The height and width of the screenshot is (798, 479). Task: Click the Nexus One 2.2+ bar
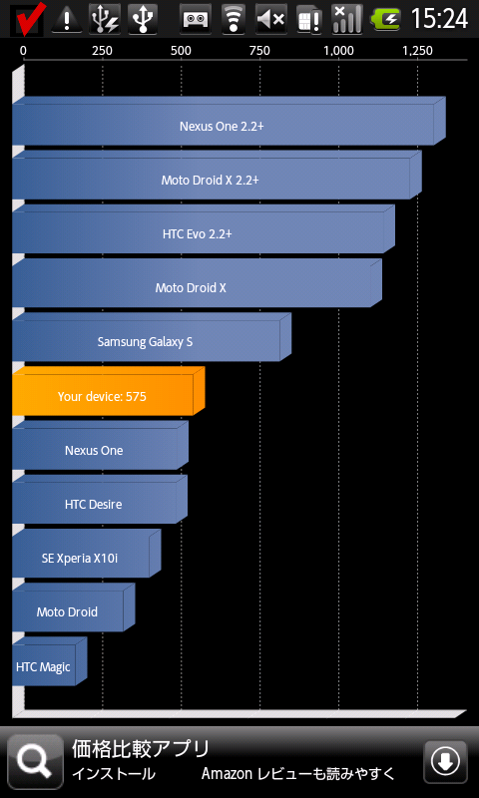[x=229, y=121]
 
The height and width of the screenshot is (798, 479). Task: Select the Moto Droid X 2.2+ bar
[x=217, y=176]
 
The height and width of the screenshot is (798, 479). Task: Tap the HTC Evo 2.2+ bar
[x=204, y=229]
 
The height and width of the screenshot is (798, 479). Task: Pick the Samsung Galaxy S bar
[x=152, y=337]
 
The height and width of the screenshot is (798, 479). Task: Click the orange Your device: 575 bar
[x=109, y=391]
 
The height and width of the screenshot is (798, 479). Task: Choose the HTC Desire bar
[x=100, y=499]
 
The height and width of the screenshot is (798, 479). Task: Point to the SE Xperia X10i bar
[x=87, y=553]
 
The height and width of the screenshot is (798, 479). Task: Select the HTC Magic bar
[x=49, y=660]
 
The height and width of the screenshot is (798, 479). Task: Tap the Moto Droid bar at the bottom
[x=73, y=606]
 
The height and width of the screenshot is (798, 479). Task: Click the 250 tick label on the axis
[x=102, y=51]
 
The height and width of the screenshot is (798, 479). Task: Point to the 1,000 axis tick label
[x=339, y=51]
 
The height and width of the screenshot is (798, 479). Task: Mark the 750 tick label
[x=259, y=51]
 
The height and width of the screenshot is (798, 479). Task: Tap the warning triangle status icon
[x=67, y=19]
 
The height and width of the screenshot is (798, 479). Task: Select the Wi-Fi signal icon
[x=234, y=19]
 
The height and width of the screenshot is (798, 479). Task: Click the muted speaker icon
[x=271, y=19]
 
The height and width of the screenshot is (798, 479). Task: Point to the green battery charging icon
[x=386, y=19]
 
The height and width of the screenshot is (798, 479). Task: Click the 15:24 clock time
[x=439, y=19]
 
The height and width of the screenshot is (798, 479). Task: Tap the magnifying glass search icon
[x=35, y=761]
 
